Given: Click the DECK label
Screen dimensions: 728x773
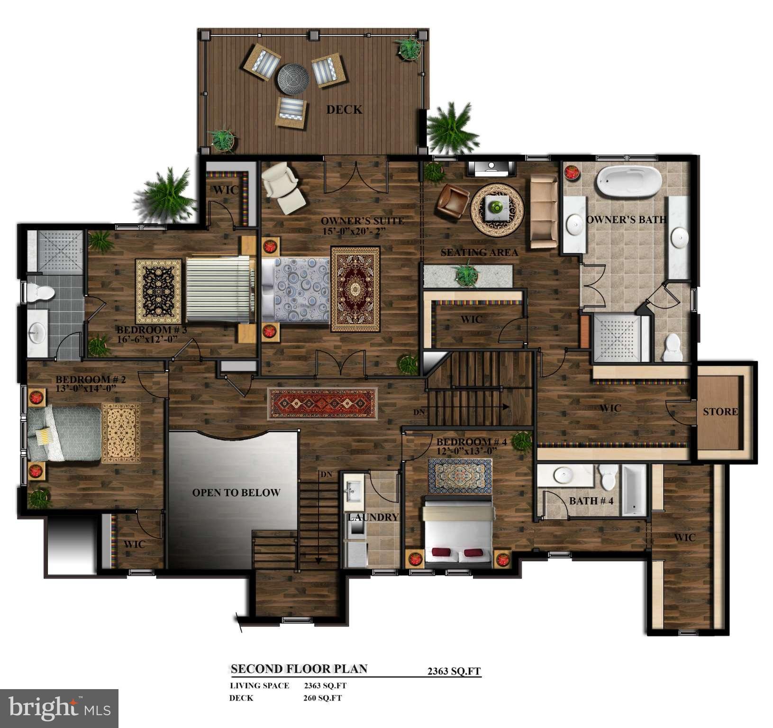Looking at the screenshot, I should coord(344,109).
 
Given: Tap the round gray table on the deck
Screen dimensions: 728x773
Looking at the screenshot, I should coord(293,79).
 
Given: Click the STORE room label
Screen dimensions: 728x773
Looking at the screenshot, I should coord(720,411).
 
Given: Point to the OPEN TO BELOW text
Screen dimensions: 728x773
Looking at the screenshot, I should coord(236,492).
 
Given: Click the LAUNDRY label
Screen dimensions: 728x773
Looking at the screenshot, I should coord(373,517).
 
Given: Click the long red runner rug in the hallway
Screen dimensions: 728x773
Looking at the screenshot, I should coord(323,403).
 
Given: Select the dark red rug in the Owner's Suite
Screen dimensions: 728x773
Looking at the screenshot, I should coord(355,289).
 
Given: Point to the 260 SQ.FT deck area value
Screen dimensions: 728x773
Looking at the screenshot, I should coord(322,698).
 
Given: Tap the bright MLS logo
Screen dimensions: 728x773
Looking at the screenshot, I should coord(59,708).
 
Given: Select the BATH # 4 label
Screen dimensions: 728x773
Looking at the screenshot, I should coord(591,500).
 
